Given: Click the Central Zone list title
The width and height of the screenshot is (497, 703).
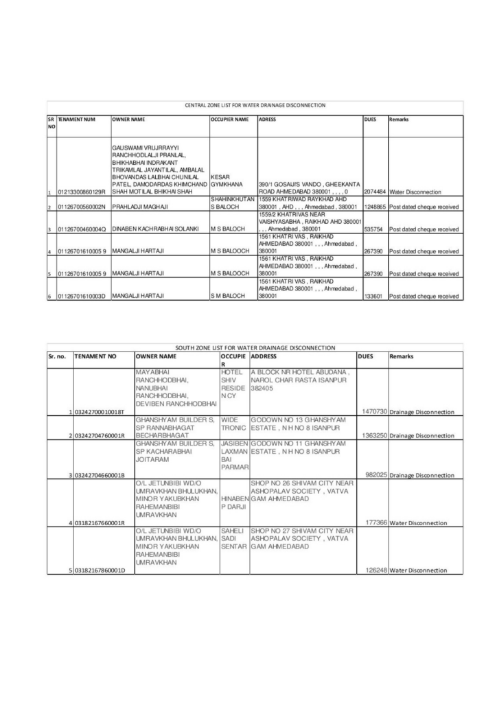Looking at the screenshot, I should point(255,106).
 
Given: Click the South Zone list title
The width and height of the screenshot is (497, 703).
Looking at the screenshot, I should point(255,348).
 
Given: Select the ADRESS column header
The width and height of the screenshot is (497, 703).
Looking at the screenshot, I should point(267,119).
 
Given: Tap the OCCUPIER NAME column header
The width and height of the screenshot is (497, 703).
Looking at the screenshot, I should point(229,119).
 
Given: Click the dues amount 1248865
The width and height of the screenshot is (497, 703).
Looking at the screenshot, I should point(375,207).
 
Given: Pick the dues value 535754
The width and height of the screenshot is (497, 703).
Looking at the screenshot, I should point(373,229).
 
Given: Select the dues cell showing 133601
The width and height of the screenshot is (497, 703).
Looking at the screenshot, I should point(373,296).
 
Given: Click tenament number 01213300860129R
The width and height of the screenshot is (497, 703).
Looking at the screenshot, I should point(82,192).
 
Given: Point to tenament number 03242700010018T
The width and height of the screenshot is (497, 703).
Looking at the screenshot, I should point(100,411).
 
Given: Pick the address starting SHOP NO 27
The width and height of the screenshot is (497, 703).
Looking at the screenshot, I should point(302,540).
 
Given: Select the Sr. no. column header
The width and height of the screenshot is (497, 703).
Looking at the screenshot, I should point(59,357).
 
